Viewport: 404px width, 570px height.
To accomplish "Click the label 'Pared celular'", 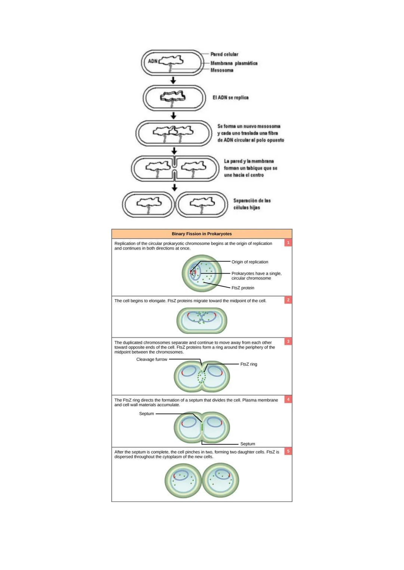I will pyautogui.click(x=224, y=54).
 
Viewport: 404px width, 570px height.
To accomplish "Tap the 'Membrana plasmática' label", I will pyautogui.click(x=234, y=63).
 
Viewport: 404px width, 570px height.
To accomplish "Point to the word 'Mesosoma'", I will pyautogui.click(x=222, y=70).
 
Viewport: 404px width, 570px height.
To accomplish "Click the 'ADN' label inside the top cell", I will pyautogui.click(x=153, y=61).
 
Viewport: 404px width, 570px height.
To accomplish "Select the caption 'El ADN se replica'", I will pyautogui.click(x=230, y=97).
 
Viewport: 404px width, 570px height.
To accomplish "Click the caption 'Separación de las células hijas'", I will pyautogui.click(x=252, y=204).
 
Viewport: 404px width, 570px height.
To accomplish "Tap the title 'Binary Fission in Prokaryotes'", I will pyautogui.click(x=202, y=234).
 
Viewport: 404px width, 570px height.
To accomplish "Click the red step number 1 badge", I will pyautogui.click(x=288, y=243).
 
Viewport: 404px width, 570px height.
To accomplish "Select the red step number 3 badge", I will pyautogui.click(x=288, y=341).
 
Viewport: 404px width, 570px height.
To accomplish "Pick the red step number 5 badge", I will pyautogui.click(x=288, y=451).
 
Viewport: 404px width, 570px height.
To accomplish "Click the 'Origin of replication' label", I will pyautogui.click(x=250, y=262).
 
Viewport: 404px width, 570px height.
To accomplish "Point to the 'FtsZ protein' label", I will pyautogui.click(x=243, y=288).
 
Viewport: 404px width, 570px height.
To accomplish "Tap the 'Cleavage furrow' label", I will pyautogui.click(x=151, y=359).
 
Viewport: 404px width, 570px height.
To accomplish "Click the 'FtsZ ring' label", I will pyautogui.click(x=249, y=364).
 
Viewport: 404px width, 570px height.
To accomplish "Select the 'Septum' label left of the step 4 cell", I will pyautogui.click(x=146, y=413).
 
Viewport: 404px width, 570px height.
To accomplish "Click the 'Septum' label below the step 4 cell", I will pyautogui.click(x=248, y=444).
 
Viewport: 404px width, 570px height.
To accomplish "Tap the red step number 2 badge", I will pyautogui.click(x=288, y=300).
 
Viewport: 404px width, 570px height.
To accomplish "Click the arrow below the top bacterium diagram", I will pyautogui.click(x=173, y=80).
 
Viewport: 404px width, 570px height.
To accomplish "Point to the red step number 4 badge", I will pyautogui.click(x=288, y=399).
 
